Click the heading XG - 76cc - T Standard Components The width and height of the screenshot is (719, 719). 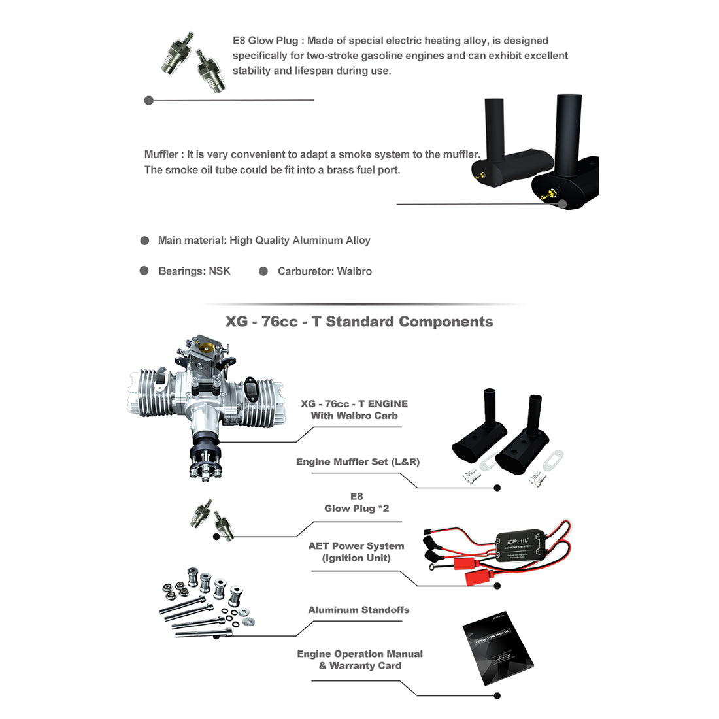tap(359, 322)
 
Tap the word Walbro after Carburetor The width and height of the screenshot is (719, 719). tap(354, 271)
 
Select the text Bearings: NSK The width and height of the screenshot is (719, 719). tap(194, 271)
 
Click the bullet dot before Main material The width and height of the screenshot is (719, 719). tap(145, 241)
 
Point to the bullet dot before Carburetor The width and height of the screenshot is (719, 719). tap(263, 271)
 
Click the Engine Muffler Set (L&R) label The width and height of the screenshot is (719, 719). tap(358, 462)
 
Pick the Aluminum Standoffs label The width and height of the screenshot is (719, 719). tap(358, 610)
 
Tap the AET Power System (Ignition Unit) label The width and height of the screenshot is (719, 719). tap(356, 552)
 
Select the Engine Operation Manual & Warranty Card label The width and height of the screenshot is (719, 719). tap(359, 660)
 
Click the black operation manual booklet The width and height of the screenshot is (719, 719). tap(497, 650)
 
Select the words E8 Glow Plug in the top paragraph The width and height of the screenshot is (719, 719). tap(267, 41)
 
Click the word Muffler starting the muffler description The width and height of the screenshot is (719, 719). tap(161, 155)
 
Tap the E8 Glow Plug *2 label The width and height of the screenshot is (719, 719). tap(356, 503)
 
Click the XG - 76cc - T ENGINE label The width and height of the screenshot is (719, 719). tap(354, 410)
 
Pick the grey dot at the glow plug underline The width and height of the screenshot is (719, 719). tap(149, 101)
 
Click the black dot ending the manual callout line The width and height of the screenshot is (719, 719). tap(497, 696)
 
